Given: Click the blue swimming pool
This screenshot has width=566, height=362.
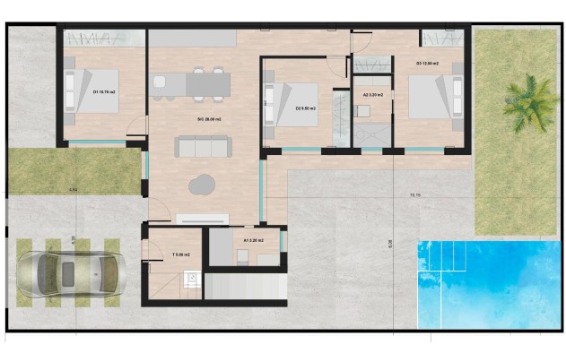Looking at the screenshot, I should [x=489, y=282].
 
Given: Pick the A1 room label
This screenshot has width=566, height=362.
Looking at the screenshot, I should [x=254, y=240].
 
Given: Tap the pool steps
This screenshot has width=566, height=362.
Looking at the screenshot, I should [x=444, y=260].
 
